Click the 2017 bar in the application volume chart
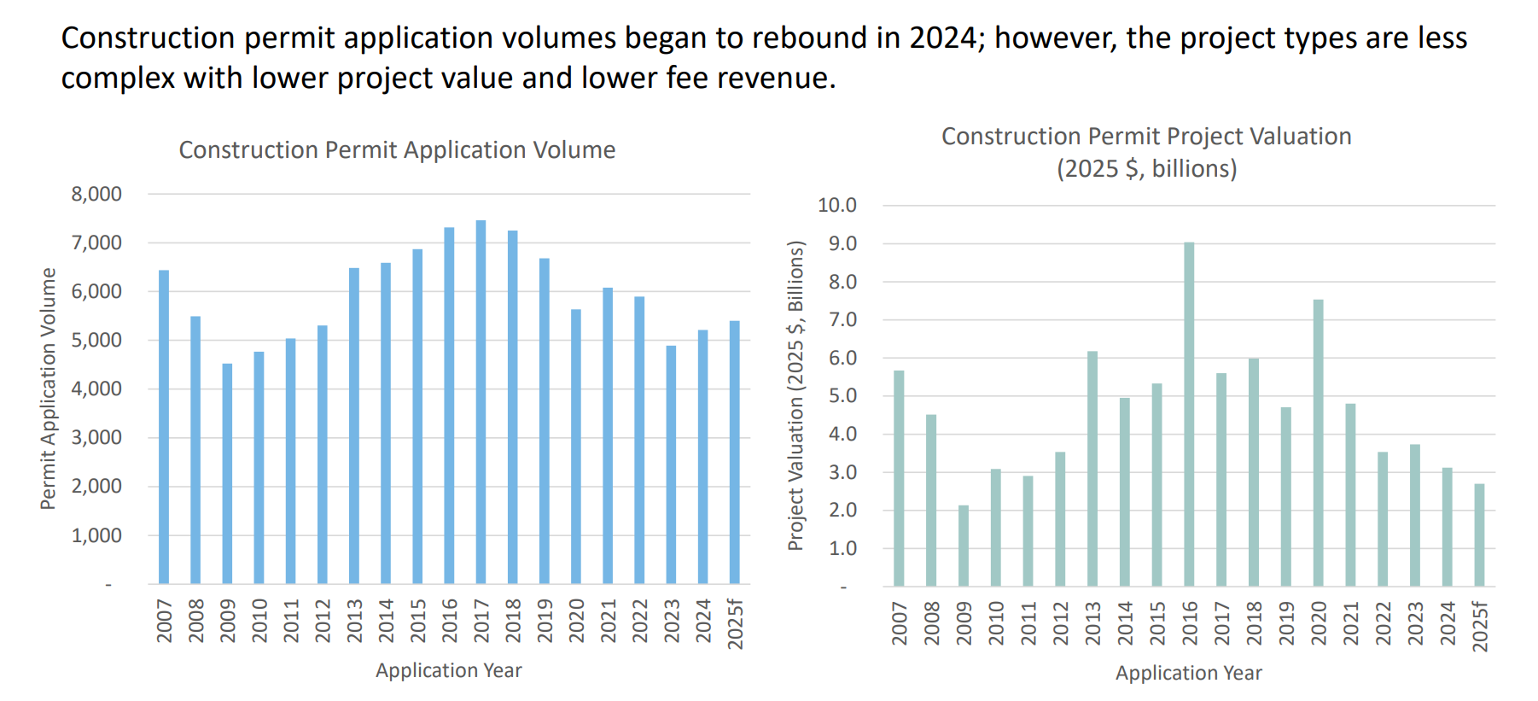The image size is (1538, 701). (481, 401)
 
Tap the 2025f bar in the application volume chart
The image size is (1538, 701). (735, 453)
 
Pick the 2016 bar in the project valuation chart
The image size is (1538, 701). (1189, 414)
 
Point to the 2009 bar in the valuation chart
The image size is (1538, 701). (964, 546)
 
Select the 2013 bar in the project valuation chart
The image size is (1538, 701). (1092, 469)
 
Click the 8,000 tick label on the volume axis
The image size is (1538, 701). (96, 194)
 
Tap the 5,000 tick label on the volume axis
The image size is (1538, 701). (96, 340)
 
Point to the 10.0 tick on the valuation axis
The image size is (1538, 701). (836, 205)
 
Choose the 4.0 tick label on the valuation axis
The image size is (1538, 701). (842, 434)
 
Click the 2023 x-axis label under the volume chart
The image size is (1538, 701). (672, 621)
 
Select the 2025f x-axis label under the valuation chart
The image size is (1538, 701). (1480, 626)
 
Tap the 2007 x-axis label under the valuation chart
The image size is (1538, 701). (899, 622)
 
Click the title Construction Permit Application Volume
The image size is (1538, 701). (397, 150)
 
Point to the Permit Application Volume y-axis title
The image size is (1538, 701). (48, 388)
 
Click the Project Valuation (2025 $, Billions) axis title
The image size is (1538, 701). (795, 395)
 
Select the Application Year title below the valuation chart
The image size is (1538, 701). (1188, 673)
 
